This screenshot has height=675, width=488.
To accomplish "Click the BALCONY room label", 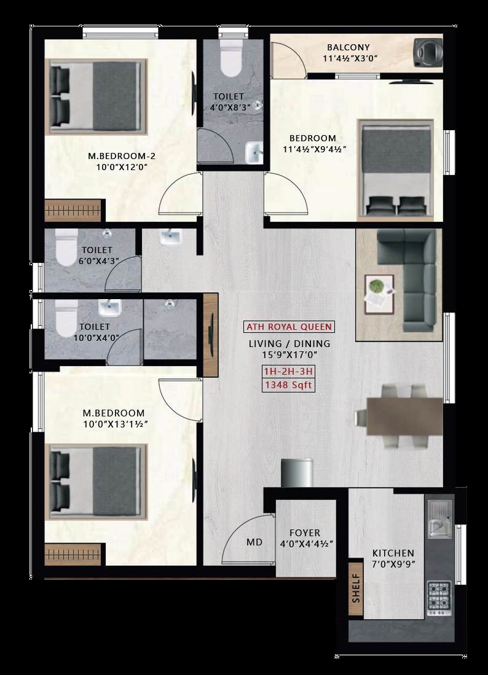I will coord(348,47).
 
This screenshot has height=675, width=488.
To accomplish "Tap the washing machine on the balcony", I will coord(428,52).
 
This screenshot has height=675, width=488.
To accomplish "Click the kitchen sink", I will coord(439,519).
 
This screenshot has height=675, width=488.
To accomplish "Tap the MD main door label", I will coord(254,542).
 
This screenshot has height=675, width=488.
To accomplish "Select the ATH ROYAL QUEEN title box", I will coord(289,327).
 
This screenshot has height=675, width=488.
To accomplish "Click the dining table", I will coord(404,416).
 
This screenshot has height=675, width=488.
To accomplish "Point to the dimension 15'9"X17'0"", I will coord(289,355).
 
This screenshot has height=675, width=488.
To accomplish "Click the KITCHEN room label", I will coord(393,553).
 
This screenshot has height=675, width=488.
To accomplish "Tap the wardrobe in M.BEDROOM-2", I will coord(73,211).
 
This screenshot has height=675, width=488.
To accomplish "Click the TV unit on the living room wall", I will coord(211,336).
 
